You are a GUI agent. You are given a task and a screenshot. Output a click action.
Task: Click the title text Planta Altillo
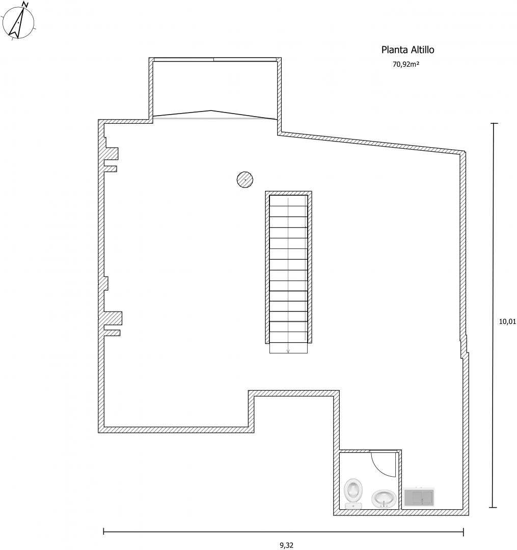[x=407, y=50]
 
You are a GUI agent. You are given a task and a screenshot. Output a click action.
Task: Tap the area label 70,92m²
[x=406, y=64]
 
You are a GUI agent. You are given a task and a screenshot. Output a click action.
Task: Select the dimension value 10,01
[x=507, y=321]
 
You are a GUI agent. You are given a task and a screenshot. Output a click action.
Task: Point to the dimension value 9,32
[x=287, y=545]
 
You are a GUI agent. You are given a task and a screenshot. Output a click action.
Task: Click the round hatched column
[x=245, y=180]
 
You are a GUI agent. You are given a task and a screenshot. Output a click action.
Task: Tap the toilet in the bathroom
[x=353, y=494]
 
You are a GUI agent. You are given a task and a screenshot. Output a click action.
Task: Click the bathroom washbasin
[x=384, y=499]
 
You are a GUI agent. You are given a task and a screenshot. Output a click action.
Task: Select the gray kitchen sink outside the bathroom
[x=419, y=497]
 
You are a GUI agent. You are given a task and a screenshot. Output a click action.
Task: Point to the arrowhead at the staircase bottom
[x=288, y=351]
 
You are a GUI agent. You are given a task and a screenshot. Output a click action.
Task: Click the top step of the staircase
[x=288, y=201]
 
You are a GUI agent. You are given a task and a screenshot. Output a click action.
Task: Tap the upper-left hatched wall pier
[x=112, y=154]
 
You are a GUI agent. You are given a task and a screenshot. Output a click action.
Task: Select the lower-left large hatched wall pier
[x=113, y=318]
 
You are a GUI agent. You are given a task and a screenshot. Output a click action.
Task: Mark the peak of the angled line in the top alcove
[x=211, y=111]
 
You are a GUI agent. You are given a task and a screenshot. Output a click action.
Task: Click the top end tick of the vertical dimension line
[x=494, y=123]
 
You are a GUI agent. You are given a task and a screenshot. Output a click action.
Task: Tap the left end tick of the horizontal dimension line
[x=104, y=532]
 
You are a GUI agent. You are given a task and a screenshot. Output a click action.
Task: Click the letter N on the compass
[x=24, y=5]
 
